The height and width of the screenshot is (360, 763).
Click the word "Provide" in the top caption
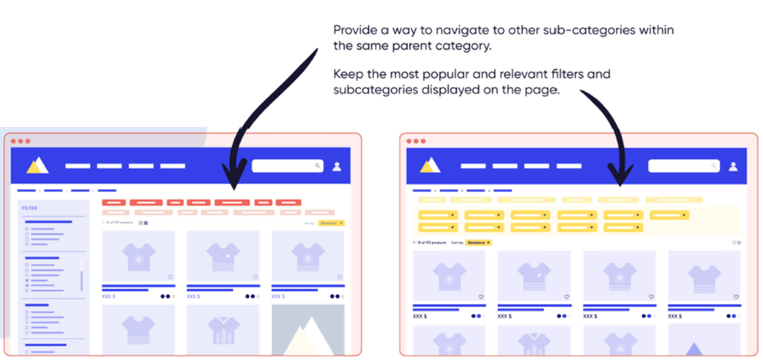click(x=351, y=31)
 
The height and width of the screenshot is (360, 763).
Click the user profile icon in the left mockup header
click(x=337, y=166)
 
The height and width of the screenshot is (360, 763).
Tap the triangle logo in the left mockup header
click(x=36, y=166)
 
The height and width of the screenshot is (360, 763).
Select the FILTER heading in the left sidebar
click(x=30, y=208)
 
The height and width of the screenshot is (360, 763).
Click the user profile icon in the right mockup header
click(x=732, y=166)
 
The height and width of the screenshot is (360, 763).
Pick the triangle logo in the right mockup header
click(x=430, y=166)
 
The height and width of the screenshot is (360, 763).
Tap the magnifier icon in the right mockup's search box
click(x=714, y=166)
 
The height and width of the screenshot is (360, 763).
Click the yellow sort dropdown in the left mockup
click(x=331, y=223)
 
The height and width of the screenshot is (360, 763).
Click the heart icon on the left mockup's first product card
click(x=170, y=277)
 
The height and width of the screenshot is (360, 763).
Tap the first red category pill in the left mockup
click(x=113, y=202)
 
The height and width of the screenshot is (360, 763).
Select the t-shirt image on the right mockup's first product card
click(x=449, y=275)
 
